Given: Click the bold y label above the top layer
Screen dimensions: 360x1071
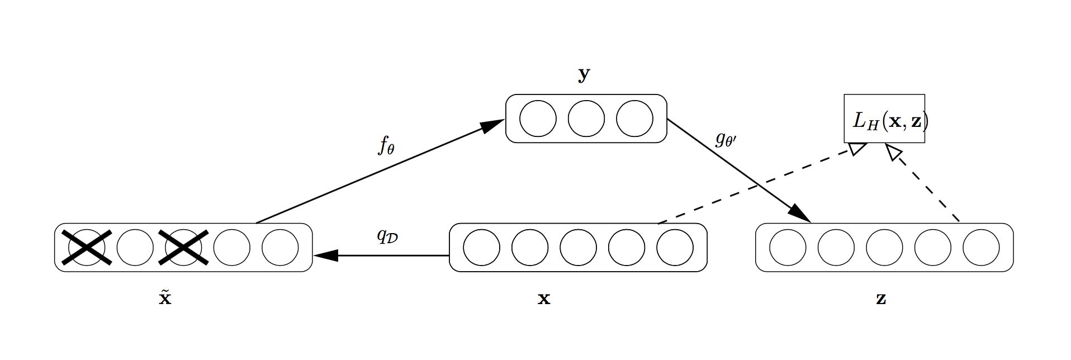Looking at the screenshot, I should [x=584, y=75].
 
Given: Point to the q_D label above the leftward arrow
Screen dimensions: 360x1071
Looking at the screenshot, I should [x=387, y=236].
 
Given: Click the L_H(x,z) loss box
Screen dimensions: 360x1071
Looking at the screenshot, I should [x=884, y=119].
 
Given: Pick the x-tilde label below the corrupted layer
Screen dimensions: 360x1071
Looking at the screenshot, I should [x=165, y=297].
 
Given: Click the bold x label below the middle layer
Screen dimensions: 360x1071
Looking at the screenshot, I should [x=544, y=299].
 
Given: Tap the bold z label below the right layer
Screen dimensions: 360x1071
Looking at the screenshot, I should [x=881, y=299].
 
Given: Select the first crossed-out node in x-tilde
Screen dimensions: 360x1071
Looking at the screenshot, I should [x=87, y=247].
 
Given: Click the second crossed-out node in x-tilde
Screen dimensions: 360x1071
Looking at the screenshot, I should [x=184, y=247].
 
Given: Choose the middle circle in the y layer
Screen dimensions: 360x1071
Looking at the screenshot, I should [x=586, y=119].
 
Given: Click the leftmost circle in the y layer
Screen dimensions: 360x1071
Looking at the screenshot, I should [x=538, y=119].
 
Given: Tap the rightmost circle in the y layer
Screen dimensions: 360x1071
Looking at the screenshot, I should [x=634, y=119].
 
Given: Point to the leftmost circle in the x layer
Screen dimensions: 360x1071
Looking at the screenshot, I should [x=481, y=247].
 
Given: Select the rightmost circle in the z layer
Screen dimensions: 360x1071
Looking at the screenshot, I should [x=981, y=247].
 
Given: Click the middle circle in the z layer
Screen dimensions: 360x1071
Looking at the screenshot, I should [x=884, y=247].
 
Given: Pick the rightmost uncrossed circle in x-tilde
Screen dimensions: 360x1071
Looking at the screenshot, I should [x=280, y=247].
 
